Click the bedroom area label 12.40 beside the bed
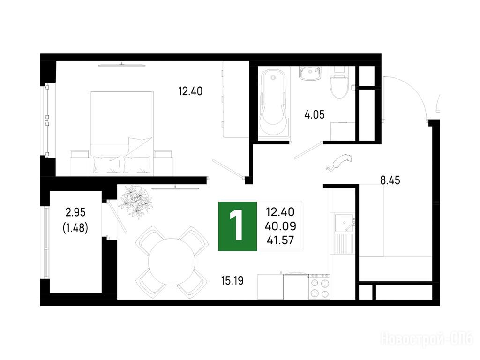tap(190, 91)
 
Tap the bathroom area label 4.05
tap(315, 115)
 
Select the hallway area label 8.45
tap(390, 180)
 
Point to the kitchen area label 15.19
tap(232, 280)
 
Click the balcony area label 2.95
tap(75, 212)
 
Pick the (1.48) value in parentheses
tap(75, 228)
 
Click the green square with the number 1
tap(238, 226)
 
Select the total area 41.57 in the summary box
tap(280, 240)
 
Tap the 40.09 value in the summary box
tap(280, 226)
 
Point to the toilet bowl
tap(339, 82)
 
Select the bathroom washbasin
tap(310, 74)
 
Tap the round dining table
tap(172, 262)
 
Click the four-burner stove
tap(319, 286)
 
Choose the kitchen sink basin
tap(345, 223)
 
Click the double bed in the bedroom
tap(121, 134)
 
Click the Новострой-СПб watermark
tap(427, 339)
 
